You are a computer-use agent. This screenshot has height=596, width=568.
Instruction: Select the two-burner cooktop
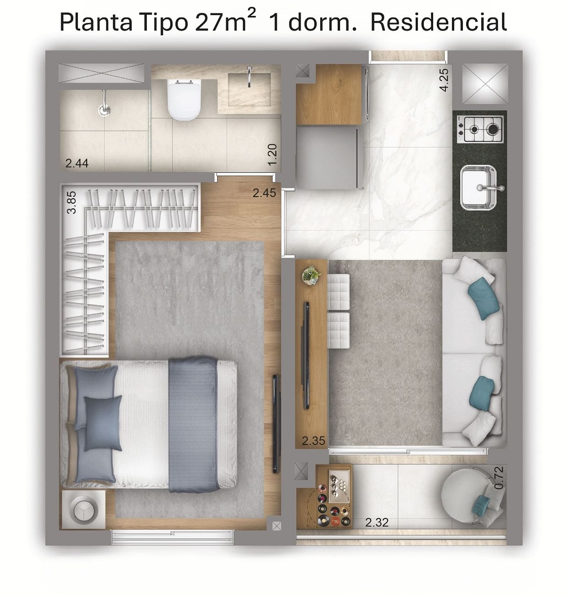coord(480,130)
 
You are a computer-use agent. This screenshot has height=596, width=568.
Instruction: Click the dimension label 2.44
coord(77,163)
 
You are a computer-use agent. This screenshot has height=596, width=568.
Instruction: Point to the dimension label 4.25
coord(444,80)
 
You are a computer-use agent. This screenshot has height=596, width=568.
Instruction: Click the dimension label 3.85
coord(72,202)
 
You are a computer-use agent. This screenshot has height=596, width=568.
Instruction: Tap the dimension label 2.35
coord(313,441)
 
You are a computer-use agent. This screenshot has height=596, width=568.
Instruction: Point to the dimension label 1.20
coord(272,155)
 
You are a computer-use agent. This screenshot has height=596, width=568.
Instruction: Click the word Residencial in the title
coord(439,22)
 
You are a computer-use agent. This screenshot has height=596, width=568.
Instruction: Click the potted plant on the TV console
coord(311,275)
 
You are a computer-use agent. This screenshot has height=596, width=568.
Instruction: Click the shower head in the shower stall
coord(104,104)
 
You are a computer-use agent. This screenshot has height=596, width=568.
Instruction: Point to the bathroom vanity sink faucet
coord(249,76)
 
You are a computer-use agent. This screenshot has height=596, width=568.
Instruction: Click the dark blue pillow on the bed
coord(103,423)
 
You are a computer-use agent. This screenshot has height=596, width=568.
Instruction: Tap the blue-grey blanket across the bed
coord(193,425)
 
